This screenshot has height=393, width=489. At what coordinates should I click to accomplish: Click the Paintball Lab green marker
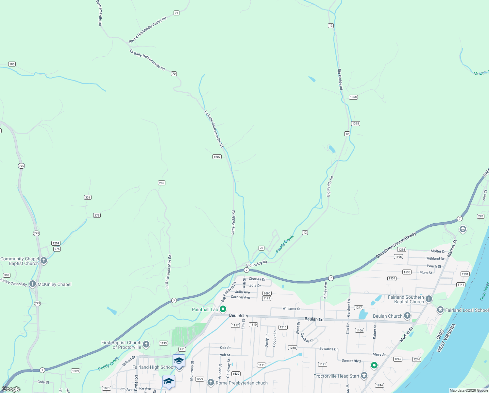point(223,309)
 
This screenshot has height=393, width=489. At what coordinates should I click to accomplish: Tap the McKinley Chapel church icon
point(33,284)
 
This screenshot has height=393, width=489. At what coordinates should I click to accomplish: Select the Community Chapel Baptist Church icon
point(44,261)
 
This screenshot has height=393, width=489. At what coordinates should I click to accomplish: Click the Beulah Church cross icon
point(407,316)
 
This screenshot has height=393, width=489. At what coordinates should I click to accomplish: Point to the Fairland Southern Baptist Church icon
point(429,299)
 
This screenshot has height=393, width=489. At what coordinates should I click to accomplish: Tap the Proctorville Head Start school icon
point(364,376)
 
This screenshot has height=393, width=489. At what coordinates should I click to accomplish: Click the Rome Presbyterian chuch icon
point(211,383)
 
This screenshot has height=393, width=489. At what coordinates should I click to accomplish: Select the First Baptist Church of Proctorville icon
point(146,345)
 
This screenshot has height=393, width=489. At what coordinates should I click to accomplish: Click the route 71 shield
point(177,13)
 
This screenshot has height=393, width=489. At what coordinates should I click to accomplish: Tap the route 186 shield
point(12,64)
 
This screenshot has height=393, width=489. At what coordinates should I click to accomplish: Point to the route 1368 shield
point(353,97)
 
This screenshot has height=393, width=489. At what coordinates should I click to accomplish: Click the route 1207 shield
point(217,157)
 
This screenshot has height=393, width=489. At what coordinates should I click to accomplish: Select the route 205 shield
point(161,183)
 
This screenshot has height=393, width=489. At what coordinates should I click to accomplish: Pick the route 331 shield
point(88,197)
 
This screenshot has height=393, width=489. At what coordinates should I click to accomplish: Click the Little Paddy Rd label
point(233,222)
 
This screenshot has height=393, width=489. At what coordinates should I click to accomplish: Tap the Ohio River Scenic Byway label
point(396,245)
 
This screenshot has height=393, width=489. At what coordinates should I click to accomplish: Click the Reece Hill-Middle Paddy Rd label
point(147,30)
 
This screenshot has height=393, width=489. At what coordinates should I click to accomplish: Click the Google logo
point(11,389)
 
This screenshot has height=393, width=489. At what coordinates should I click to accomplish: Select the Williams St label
point(291,309)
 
